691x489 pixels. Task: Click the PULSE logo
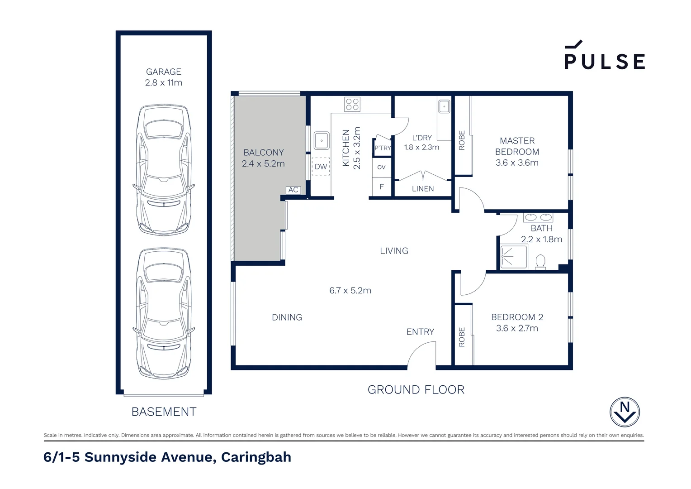[604, 56]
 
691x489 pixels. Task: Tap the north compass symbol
[625, 412]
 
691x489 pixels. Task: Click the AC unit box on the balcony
[293, 190]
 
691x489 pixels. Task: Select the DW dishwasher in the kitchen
[321, 167]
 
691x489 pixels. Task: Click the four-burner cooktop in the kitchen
[352, 105]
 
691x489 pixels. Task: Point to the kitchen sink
[322, 141]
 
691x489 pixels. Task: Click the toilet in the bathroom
[540, 262]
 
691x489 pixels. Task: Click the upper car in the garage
[164, 170]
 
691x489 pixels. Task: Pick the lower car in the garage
[164, 313]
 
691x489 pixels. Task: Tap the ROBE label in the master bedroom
[462, 140]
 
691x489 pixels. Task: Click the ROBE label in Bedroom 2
[462, 337]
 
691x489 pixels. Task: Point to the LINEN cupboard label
[423, 189]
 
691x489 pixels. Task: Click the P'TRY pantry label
[383, 148]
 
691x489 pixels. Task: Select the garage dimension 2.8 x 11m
[164, 83]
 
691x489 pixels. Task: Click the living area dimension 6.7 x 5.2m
[350, 291]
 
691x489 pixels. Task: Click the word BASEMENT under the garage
[164, 412]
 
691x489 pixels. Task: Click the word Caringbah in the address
[256, 457]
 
